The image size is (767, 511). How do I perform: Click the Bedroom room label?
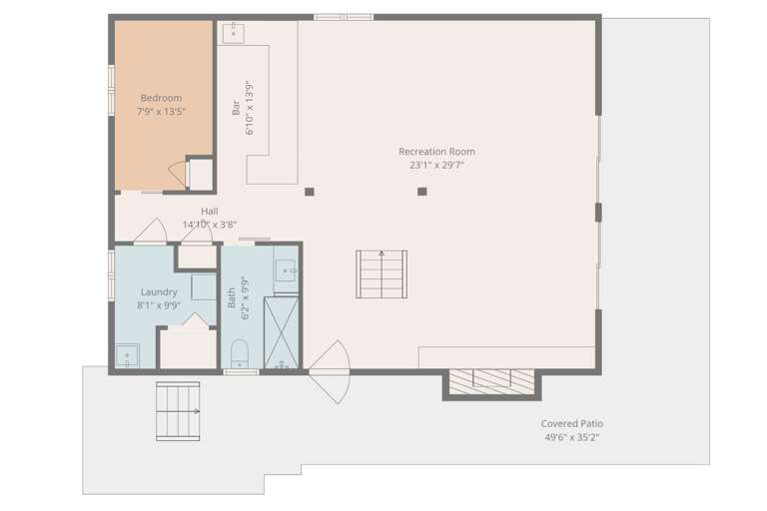161,98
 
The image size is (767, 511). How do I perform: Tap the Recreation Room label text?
436,152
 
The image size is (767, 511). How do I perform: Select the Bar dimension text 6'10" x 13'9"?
250,108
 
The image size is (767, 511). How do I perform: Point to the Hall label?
210,212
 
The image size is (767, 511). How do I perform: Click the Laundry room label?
159,292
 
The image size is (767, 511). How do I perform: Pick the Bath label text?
232,297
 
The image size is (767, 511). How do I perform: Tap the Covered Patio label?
572,423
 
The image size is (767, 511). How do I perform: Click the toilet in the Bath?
240,353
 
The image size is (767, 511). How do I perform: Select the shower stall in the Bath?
281,332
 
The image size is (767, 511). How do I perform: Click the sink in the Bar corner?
234,33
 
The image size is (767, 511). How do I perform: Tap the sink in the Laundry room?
128,355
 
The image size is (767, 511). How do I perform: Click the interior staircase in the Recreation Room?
382,273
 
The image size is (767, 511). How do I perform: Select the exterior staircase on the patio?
178,411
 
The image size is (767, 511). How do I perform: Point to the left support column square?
310,192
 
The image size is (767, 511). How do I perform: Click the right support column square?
422,192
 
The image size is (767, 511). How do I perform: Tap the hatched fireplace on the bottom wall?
491,382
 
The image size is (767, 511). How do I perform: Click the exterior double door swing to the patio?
330,371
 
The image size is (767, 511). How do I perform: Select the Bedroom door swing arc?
177,173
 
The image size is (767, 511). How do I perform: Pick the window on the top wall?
344,17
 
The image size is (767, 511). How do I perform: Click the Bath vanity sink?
286,270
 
